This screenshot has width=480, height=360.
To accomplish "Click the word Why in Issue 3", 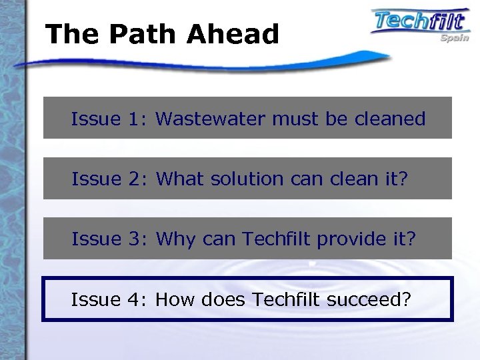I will pyautogui.click(x=175, y=239).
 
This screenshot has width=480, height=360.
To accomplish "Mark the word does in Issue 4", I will pyautogui.click(x=223, y=300).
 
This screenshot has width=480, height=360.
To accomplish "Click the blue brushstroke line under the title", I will pyautogui.click(x=200, y=63).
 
